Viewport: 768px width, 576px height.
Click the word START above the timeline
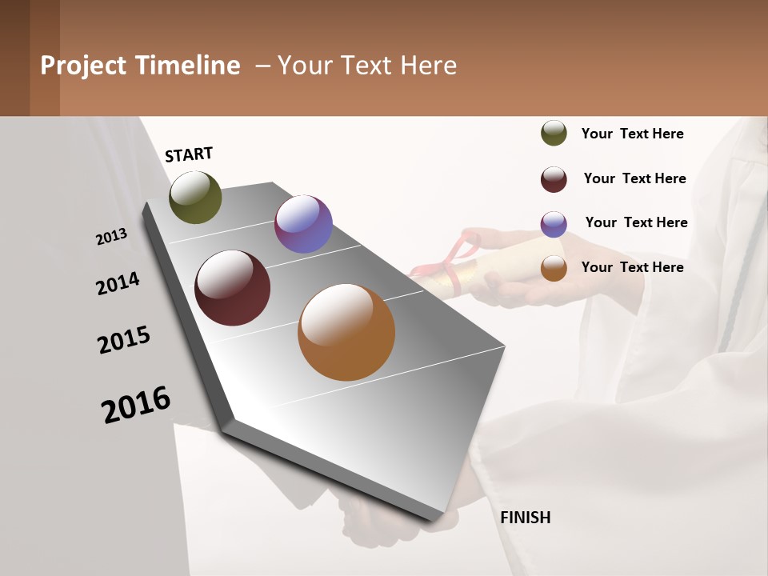(x=189, y=154)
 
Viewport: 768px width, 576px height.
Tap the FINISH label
(x=526, y=518)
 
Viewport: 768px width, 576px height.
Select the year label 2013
(x=112, y=236)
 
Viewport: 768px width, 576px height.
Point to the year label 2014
(x=118, y=284)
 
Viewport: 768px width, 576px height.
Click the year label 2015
(x=124, y=341)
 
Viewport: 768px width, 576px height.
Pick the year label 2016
(x=136, y=405)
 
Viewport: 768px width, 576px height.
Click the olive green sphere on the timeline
(x=195, y=198)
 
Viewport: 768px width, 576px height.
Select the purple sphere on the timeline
(x=303, y=224)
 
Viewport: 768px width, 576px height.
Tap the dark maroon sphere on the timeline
(x=233, y=288)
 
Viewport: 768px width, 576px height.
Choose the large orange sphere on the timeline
(x=346, y=332)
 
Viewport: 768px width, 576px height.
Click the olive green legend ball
(x=554, y=134)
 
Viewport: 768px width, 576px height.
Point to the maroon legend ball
(x=554, y=179)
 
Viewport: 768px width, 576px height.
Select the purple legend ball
(x=554, y=224)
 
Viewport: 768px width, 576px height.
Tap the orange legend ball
(x=554, y=268)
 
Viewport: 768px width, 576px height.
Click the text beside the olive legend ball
(x=632, y=134)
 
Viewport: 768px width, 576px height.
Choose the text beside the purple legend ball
(x=636, y=222)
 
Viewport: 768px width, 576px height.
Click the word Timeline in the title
(x=188, y=66)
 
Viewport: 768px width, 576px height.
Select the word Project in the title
(x=84, y=66)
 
